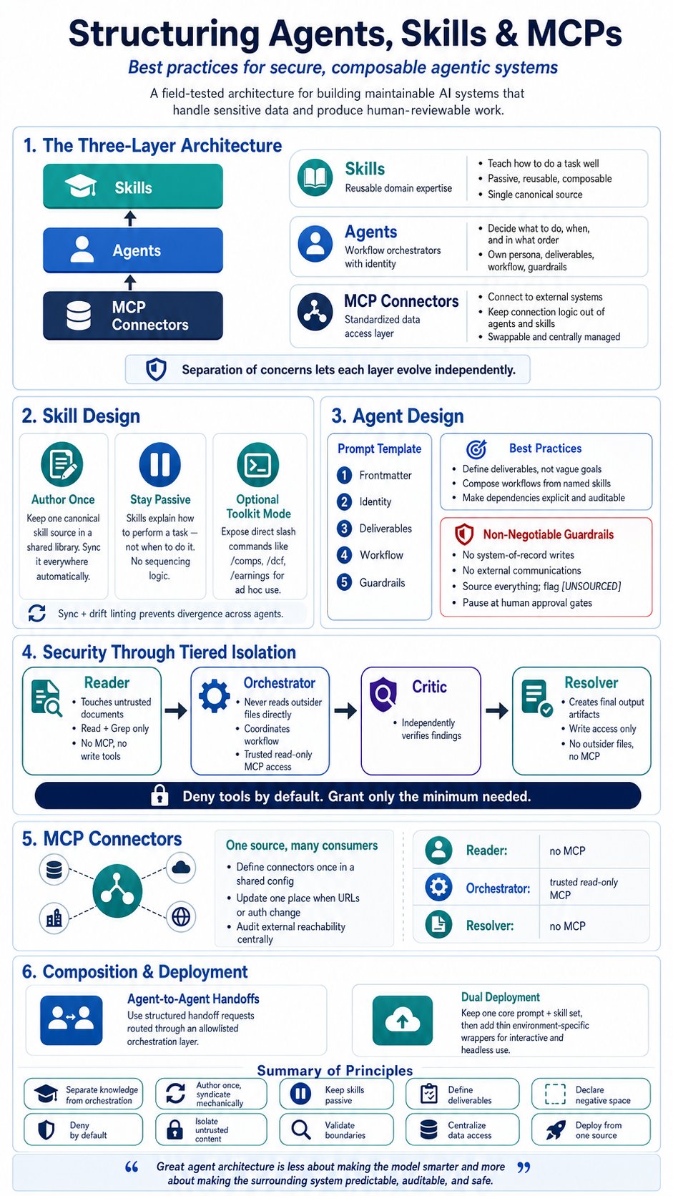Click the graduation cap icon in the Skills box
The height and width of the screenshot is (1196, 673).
[81, 187]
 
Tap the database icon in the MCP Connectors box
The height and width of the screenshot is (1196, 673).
[79, 315]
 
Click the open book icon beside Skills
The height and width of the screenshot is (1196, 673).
[315, 178]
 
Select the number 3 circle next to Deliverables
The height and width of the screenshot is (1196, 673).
[344, 529]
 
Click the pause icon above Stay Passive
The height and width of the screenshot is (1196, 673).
[160, 464]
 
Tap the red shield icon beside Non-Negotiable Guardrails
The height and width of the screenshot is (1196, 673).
[463, 534]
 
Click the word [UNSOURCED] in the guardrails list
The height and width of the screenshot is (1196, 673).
[592, 587]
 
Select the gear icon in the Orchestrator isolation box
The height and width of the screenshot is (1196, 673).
[214, 696]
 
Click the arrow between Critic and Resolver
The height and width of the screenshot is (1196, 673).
[496, 710]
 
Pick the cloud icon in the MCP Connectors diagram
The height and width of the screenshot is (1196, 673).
[181, 868]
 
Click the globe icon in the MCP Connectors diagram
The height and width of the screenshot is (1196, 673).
[181, 917]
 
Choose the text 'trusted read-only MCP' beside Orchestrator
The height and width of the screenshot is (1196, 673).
[584, 888]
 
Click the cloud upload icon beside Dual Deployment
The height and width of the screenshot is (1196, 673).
[403, 1021]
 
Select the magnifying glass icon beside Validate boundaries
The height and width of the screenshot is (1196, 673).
[301, 1129]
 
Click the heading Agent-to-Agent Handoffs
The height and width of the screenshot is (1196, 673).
[193, 999]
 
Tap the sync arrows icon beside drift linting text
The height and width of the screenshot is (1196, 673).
[36, 613]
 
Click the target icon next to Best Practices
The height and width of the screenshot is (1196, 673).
[476, 449]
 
